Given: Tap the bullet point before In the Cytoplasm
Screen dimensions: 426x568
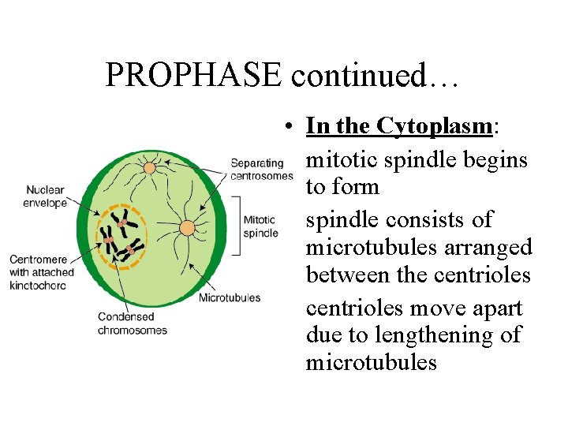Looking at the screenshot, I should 291,127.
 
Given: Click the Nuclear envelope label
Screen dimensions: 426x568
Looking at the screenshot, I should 45,196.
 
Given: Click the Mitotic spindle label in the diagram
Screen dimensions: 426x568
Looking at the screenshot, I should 260,226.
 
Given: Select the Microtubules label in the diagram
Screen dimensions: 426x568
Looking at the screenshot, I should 230,298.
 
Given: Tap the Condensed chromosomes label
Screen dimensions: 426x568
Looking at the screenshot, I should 132,323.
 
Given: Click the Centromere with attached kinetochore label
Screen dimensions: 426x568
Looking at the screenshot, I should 42,272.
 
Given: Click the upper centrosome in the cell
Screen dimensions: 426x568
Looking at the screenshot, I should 149,167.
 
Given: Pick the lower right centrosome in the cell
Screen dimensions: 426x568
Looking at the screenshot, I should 187,229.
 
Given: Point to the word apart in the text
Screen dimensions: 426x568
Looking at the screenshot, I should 495,307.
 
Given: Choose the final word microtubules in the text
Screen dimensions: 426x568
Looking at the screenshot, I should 371,362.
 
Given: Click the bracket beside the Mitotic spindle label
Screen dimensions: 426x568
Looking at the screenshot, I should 237,223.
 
